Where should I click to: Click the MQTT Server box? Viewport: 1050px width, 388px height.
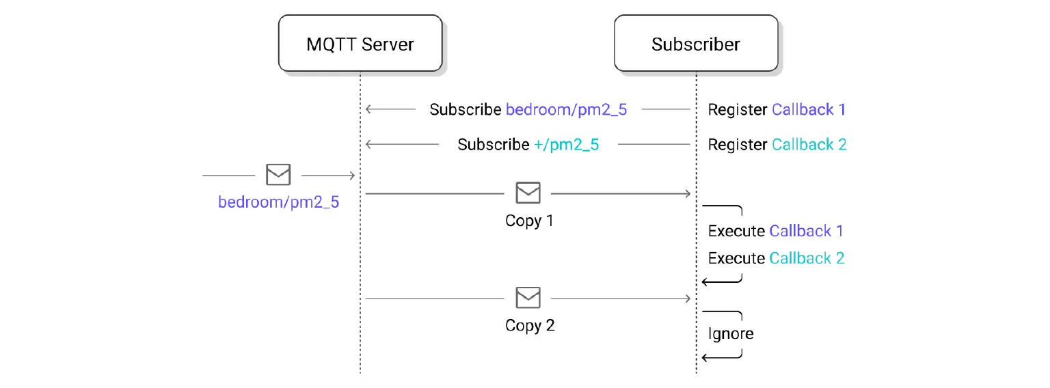(360, 44)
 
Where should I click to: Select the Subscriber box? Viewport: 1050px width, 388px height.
(696, 44)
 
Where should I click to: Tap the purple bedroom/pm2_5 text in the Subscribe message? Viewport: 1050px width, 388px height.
(565, 109)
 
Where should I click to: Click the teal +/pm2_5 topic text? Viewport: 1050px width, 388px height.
(565, 144)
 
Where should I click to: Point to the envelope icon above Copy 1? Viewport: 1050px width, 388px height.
(528, 193)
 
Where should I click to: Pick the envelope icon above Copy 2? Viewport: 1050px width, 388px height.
(528, 298)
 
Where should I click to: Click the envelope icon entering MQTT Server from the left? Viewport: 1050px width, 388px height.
(278, 175)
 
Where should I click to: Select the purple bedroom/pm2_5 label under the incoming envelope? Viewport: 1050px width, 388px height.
(278, 202)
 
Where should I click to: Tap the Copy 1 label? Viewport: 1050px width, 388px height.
(529, 221)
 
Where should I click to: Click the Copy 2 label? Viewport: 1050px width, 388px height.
(529, 325)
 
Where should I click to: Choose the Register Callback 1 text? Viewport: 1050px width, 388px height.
(777, 109)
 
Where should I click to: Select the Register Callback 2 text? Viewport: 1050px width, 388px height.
(777, 144)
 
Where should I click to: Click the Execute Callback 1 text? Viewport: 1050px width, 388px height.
(776, 231)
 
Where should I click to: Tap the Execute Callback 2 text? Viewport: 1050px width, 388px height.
(776, 258)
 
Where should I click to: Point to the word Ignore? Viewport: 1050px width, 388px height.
(731, 333)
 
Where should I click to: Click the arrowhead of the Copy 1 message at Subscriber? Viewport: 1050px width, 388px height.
(688, 194)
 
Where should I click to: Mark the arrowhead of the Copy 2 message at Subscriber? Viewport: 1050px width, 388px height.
(688, 299)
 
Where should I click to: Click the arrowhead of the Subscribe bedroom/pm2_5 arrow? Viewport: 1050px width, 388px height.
(368, 109)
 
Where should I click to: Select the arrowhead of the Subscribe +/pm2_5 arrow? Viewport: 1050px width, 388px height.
(368, 144)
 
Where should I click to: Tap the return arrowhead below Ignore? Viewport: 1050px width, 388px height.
(705, 357)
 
